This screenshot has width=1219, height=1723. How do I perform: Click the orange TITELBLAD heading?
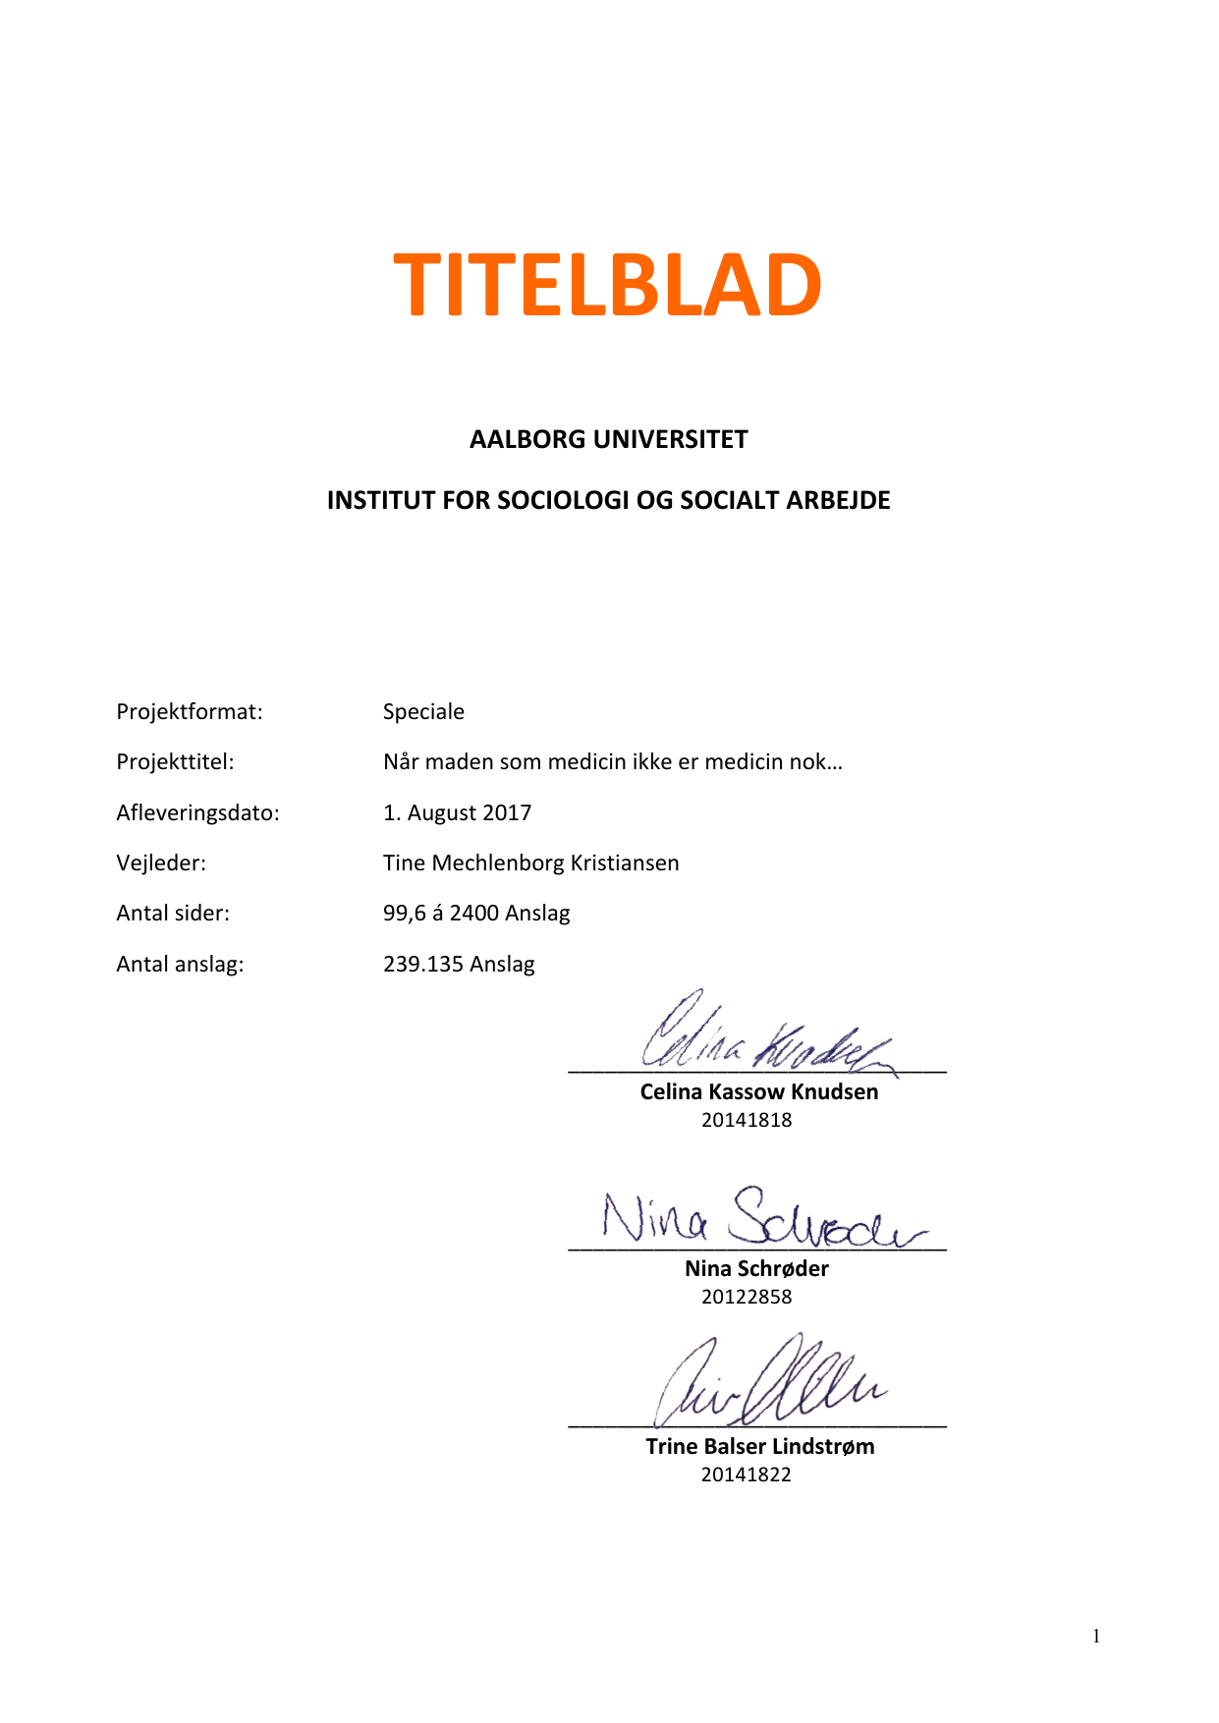point(607,286)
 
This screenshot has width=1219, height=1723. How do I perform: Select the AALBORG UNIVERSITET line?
point(608,439)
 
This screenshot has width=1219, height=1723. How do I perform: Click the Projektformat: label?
point(190,711)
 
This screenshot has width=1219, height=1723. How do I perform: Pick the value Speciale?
point(423,711)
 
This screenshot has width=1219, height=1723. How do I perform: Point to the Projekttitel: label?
point(175,761)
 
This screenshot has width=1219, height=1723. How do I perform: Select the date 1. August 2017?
point(457,812)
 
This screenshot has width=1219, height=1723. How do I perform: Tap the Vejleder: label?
point(161,862)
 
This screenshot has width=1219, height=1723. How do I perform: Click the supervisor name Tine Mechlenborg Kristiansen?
point(530,862)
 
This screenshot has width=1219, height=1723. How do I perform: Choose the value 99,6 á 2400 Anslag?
point(476,913)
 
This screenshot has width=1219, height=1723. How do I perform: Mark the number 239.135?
point(422,964)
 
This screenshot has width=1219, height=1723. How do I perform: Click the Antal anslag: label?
point(180,964)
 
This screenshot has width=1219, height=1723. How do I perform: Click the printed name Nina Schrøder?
point(756,1268)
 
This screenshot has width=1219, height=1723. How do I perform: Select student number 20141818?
point(747,1120)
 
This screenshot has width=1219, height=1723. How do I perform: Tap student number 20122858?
point(747,1297)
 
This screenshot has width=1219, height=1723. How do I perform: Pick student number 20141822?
point(746,1474)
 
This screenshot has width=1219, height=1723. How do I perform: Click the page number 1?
point(1096,1636)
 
